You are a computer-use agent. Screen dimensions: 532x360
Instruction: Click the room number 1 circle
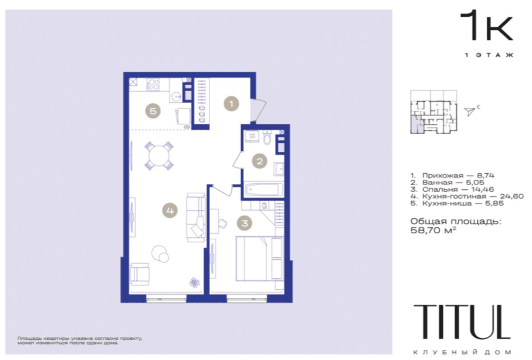[231, 104]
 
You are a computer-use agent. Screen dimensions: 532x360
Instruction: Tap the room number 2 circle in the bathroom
[259, 161]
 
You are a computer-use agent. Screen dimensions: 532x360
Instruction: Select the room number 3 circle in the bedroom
[245, 223]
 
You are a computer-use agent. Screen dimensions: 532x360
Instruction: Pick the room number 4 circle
[170, 211]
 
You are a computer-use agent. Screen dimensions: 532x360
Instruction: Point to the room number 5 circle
[153, 111]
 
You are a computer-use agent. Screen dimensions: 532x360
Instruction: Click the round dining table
[159, 155]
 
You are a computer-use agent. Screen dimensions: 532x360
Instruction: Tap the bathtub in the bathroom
[264, 189]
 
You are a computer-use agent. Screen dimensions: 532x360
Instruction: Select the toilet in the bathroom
[267, 137]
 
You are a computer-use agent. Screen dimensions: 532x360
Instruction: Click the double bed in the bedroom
[259, 258]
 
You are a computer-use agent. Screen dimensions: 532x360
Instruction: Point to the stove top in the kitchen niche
[153, 84]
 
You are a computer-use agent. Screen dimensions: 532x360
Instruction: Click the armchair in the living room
[139, 274]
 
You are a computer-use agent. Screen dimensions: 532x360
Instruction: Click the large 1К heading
[486, 25]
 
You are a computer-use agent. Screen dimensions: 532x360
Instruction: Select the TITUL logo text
[462, 322]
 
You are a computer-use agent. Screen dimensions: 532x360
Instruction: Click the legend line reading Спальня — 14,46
[452, 189]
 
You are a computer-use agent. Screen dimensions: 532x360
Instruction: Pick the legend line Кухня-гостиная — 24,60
[467, 196]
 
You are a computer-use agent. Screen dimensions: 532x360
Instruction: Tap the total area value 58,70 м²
[433, 230]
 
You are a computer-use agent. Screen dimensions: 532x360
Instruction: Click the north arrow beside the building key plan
[470, 112]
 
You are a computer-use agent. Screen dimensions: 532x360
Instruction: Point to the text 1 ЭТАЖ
[489, 55]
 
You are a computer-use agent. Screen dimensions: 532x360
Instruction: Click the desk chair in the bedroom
[222, 223]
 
